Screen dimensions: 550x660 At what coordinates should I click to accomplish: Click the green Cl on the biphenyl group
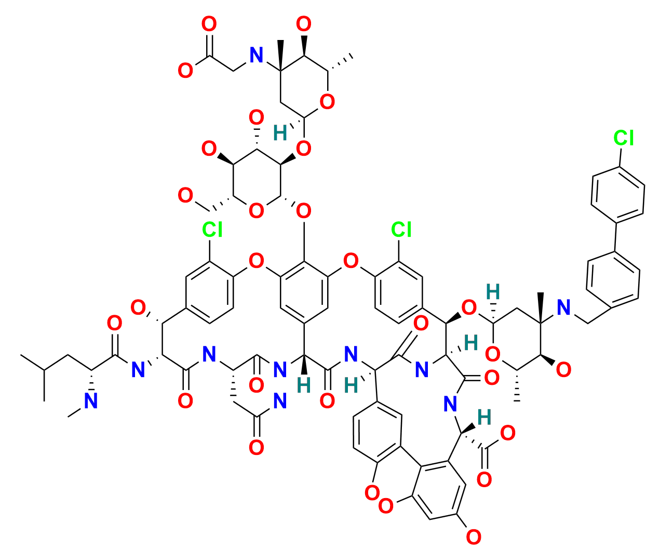coord(623,138)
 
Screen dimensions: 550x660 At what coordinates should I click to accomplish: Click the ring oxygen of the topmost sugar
coord(327,102)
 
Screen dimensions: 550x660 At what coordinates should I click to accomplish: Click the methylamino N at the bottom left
coord(91,400)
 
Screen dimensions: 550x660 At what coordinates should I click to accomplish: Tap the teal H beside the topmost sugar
coord(280,134)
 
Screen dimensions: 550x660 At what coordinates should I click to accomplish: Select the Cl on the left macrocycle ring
coord(212,229)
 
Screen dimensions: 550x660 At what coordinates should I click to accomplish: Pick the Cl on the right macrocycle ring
coord(401,229)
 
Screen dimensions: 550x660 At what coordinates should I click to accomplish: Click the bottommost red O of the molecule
coord(473,536)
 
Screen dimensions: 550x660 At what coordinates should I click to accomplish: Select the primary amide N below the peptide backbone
coord(279,400)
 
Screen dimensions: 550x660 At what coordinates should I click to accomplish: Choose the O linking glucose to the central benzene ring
coord(304,211)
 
